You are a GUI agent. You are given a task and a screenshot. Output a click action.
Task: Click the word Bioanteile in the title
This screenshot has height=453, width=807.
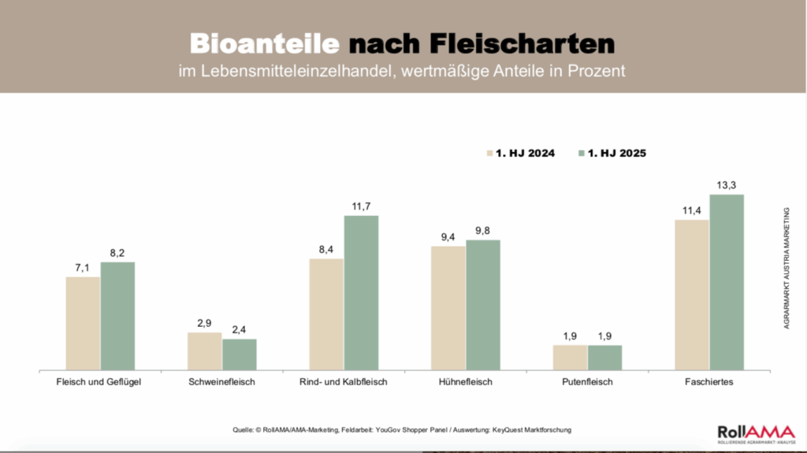[264, 43]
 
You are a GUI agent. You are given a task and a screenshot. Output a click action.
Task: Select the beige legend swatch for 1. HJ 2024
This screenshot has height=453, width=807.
[488, 154]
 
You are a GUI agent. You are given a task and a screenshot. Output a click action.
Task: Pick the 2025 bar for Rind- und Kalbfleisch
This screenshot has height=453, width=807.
[361, 292]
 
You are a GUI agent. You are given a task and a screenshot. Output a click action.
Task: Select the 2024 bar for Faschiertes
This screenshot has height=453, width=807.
[692, 295]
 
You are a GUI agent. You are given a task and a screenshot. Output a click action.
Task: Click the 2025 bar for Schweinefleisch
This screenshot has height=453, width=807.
[240, 354]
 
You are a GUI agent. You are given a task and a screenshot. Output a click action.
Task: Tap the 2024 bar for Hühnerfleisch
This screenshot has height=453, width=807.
[448, 307]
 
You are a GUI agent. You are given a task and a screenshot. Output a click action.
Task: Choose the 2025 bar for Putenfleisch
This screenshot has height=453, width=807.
[604, 357]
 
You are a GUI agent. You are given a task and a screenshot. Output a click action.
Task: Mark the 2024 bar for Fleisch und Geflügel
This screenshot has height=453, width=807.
[83, 323]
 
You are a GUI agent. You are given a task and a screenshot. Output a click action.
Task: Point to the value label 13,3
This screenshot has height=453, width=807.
[727, 185]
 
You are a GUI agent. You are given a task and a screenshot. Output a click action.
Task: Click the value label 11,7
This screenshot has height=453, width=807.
[361, 206]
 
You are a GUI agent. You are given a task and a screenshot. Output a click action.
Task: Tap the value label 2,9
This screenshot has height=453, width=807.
[204, 324]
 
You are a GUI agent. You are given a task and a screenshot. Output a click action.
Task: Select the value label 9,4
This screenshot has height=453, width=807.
[448, 237]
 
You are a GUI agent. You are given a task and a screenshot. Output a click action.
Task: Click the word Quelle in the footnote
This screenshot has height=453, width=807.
[246, 429]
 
